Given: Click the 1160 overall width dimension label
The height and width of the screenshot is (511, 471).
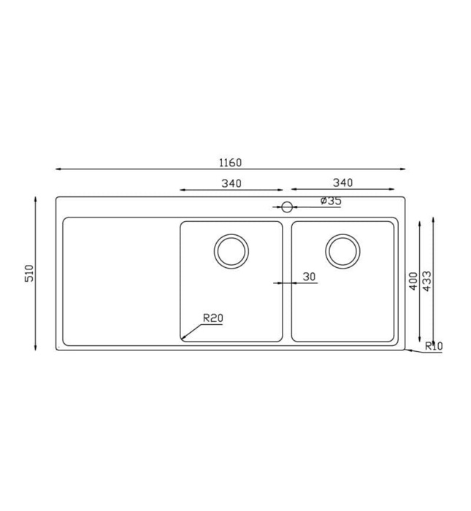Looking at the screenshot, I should click(230, 162).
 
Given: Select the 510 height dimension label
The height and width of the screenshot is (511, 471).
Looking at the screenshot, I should click(30, 273).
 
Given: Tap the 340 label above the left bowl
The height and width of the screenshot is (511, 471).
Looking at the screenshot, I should click(231, 183).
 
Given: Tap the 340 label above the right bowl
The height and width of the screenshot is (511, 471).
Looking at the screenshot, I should click(342, 182).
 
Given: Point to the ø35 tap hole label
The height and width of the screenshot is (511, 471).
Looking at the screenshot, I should click(330, 201).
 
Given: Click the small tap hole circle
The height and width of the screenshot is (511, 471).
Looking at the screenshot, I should click(287, 207).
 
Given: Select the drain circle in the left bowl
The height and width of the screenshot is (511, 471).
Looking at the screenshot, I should click(231, 250).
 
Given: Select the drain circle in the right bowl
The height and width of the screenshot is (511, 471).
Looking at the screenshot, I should click(342, 250).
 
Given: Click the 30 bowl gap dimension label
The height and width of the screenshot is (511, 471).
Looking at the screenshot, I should click(309, 277).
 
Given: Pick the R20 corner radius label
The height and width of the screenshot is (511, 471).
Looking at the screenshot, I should click(212, 318).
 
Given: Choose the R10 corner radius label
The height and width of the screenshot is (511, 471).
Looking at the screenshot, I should click(433, 346).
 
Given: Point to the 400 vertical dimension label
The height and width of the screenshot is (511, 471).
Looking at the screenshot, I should click(413, 281).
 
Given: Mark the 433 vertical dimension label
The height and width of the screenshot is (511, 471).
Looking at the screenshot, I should click(427, 281).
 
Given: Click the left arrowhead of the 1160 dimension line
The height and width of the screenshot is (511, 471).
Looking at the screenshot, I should click(58, 169).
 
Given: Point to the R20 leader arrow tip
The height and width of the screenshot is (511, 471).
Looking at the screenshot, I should click(183, 339).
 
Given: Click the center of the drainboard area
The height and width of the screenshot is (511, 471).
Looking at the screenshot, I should click(121, 281).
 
